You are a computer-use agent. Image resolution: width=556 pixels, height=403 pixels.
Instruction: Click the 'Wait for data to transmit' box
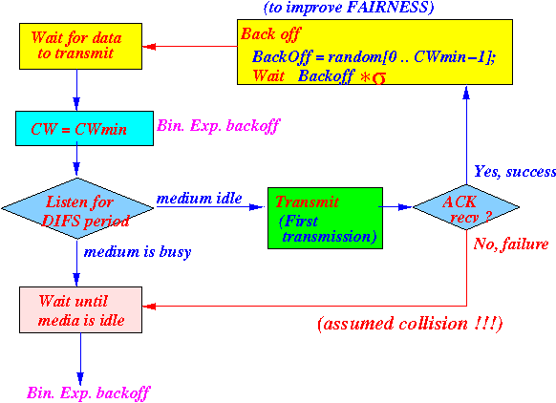pos(80,46)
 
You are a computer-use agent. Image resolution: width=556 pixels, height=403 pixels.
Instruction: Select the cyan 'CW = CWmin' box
pos(84,128)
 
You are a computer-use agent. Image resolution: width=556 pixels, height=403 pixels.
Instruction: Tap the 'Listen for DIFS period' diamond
pos(77,208)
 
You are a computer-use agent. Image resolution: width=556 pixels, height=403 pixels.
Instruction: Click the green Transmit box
pos(325,218)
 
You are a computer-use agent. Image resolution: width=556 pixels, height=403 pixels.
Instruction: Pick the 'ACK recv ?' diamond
pos(466,207)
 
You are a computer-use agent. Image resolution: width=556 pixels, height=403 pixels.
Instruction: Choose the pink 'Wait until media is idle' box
pos(80,309)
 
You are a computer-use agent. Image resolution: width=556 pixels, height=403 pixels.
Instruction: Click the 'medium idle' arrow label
pos(200,198)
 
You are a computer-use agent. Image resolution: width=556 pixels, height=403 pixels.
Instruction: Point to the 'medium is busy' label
pos(138,252)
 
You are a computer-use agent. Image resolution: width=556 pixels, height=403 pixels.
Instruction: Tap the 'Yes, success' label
pos(515,172)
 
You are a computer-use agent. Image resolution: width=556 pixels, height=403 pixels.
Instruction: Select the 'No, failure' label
pos(511,244)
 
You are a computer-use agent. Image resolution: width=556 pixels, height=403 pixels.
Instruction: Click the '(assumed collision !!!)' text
pos(410,324)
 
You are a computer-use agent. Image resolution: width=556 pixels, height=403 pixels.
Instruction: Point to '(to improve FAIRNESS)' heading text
pos(349,7)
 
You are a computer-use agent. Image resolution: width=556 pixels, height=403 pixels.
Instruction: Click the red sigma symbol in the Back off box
pos(379,78)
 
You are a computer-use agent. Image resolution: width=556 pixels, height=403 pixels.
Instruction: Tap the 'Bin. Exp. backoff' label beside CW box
pos(219,126)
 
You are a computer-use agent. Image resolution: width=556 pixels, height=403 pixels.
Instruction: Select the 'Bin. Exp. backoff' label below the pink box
pos(89,393)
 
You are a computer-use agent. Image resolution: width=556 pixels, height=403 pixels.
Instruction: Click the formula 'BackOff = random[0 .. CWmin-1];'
pos(374,57)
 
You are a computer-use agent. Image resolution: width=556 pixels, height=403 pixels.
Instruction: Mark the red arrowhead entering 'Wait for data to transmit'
pos(149,47)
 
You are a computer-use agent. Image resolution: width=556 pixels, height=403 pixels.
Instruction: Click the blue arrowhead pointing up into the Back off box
pos(466,92)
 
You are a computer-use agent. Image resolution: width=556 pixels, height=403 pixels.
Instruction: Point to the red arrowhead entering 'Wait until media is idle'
pos(149,307)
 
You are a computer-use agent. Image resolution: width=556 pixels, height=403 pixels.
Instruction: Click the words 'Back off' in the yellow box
pos(270,34)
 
